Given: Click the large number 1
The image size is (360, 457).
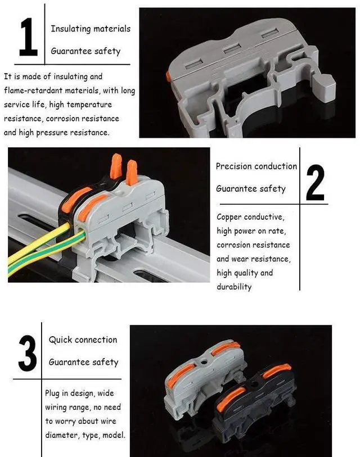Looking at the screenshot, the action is click(x=28, y=37).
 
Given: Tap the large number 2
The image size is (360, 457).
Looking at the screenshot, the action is click(x=316, y=183).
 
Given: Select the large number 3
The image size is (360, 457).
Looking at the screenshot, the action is click(x=28, y=353).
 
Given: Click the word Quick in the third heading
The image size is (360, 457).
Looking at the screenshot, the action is click(x=57, y=340).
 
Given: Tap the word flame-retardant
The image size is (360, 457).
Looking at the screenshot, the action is click(x=33, y=91).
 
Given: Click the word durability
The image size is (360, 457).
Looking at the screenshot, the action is click(x=234, y=287).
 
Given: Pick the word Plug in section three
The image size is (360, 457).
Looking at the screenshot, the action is click(x=52, y=393).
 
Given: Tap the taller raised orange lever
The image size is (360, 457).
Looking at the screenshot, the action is click(x=116, y=166).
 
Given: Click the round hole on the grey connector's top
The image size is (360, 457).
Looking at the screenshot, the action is click(x=204, y=362).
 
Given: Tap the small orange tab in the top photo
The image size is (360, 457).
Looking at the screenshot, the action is click(x=168, y=76).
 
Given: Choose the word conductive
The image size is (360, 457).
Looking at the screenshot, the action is click(x=264, y=217).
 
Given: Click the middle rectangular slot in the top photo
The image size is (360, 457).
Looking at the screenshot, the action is click(x=232, y=48).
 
